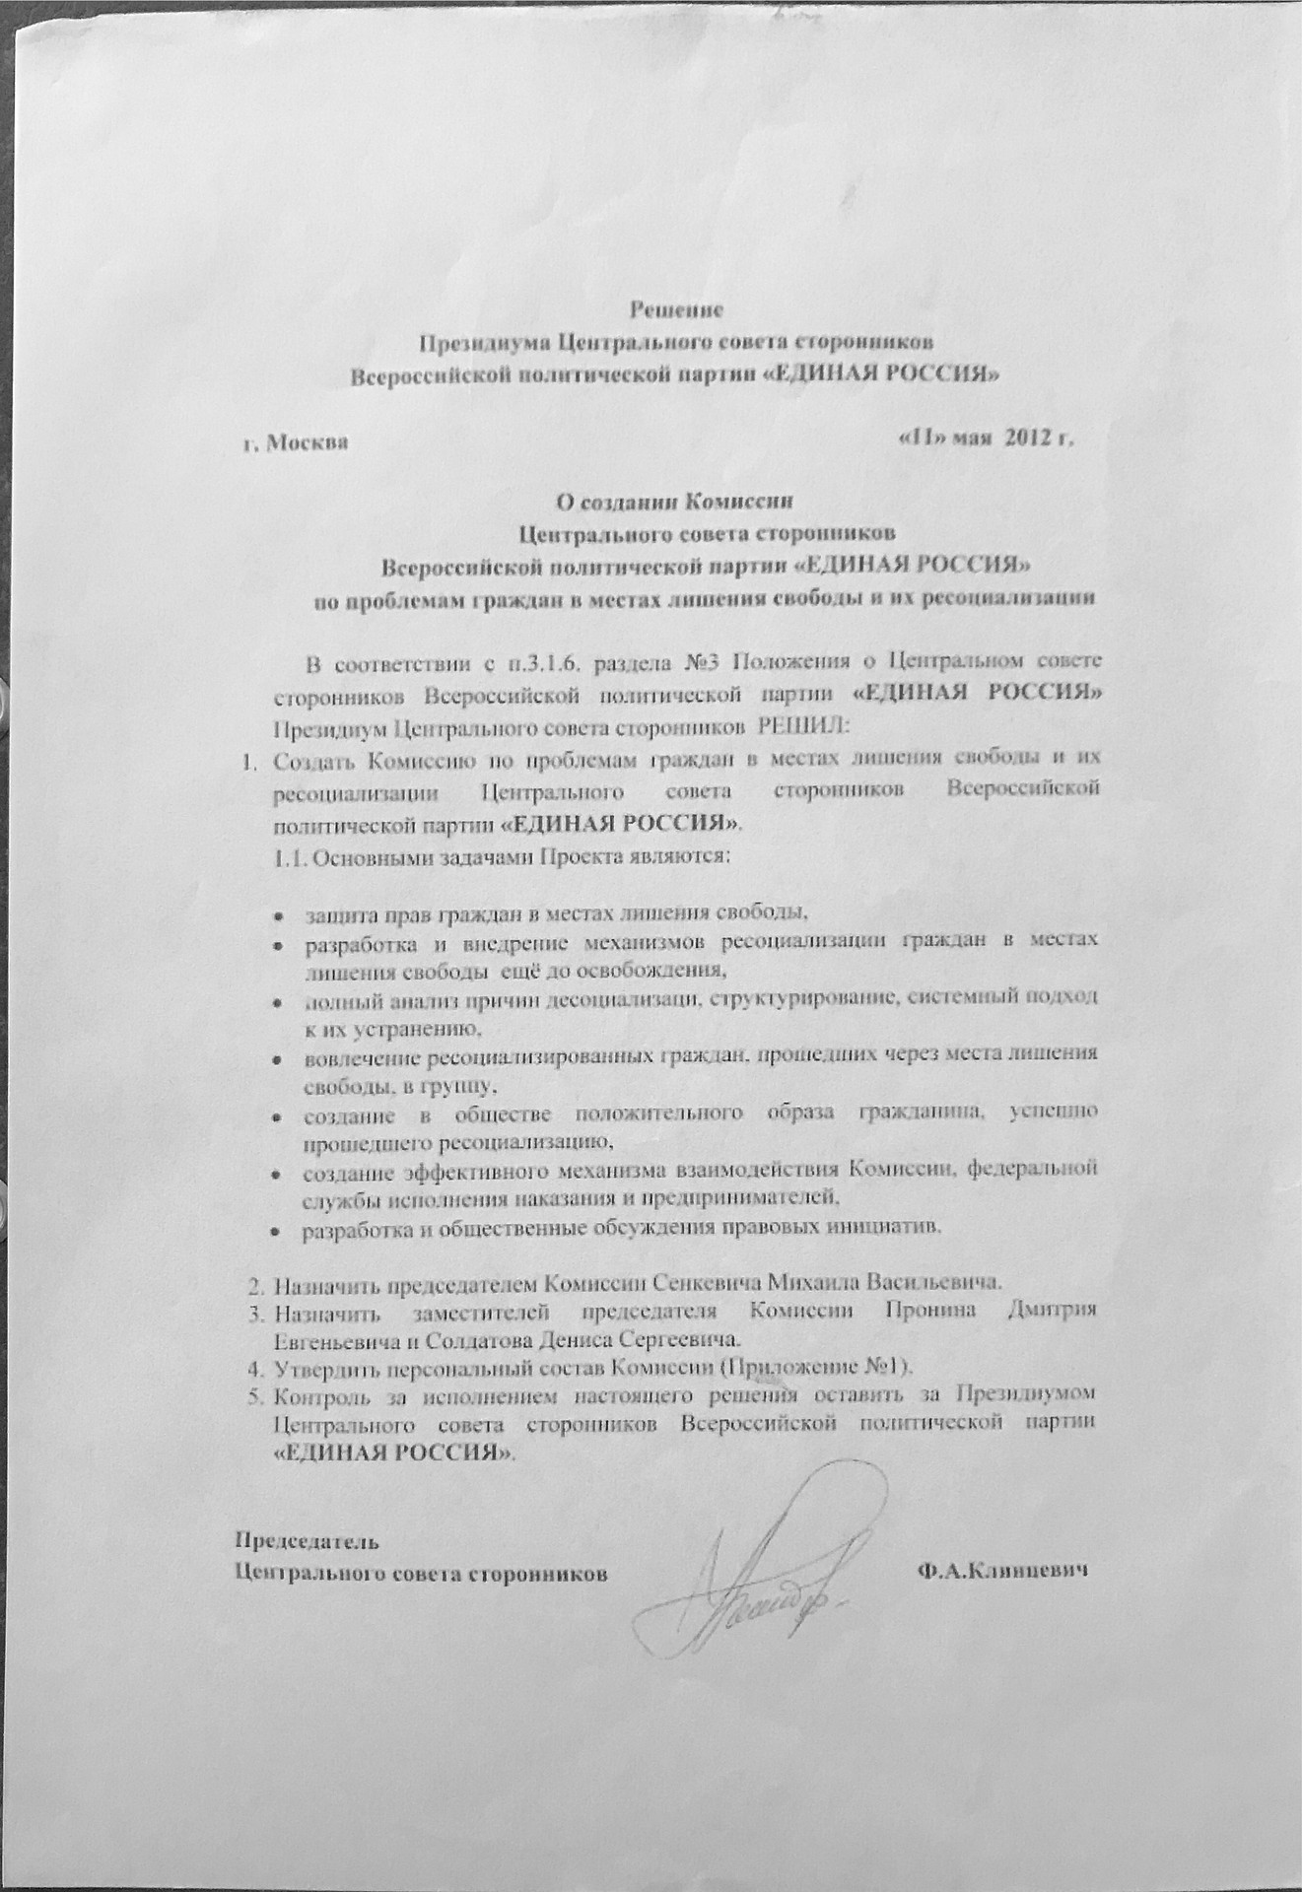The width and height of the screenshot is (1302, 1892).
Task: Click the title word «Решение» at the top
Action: click(x=676, y=309)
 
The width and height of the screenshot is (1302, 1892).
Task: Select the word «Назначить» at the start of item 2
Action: click(x=322, y=1285)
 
